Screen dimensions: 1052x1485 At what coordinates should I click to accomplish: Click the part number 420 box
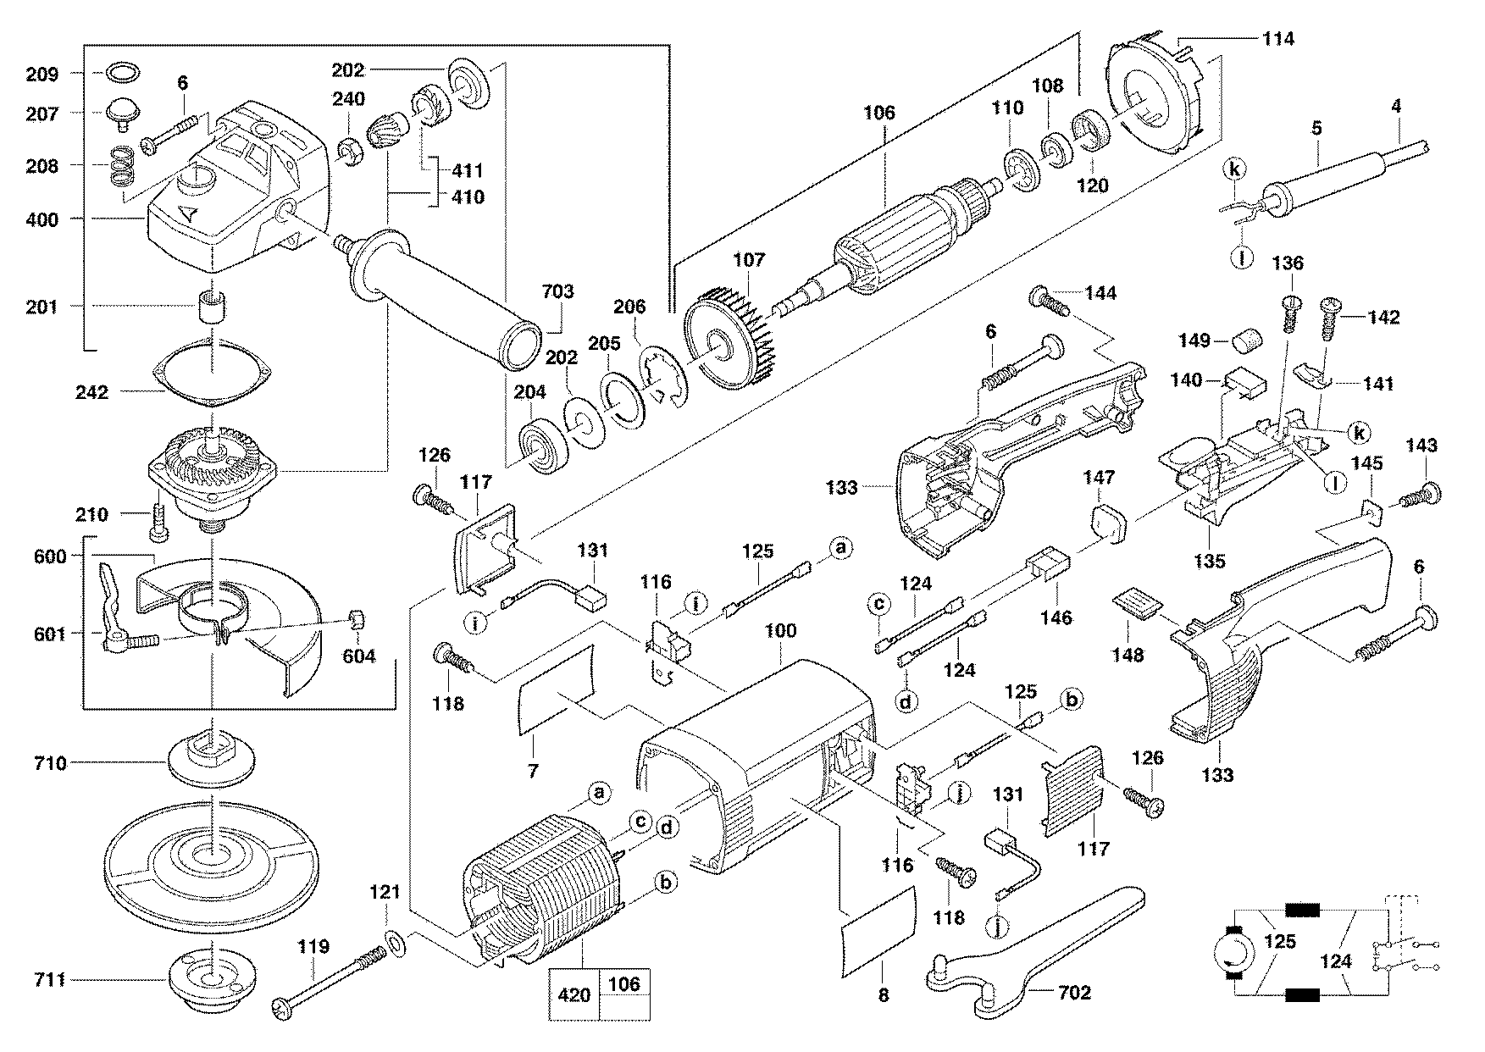click(573, 994)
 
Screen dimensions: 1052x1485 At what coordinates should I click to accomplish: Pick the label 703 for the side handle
click(558, 292)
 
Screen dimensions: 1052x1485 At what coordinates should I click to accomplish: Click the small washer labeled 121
click(395, 940)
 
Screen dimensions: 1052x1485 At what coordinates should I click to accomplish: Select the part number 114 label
click(1278, 39)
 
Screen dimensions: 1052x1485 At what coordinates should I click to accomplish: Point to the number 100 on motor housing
click(780, 631)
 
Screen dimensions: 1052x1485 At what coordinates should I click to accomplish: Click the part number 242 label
click(91, 392)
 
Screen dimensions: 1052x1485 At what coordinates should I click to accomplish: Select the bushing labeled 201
click(210, 306)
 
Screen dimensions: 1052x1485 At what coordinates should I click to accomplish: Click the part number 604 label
click(358, 655)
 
